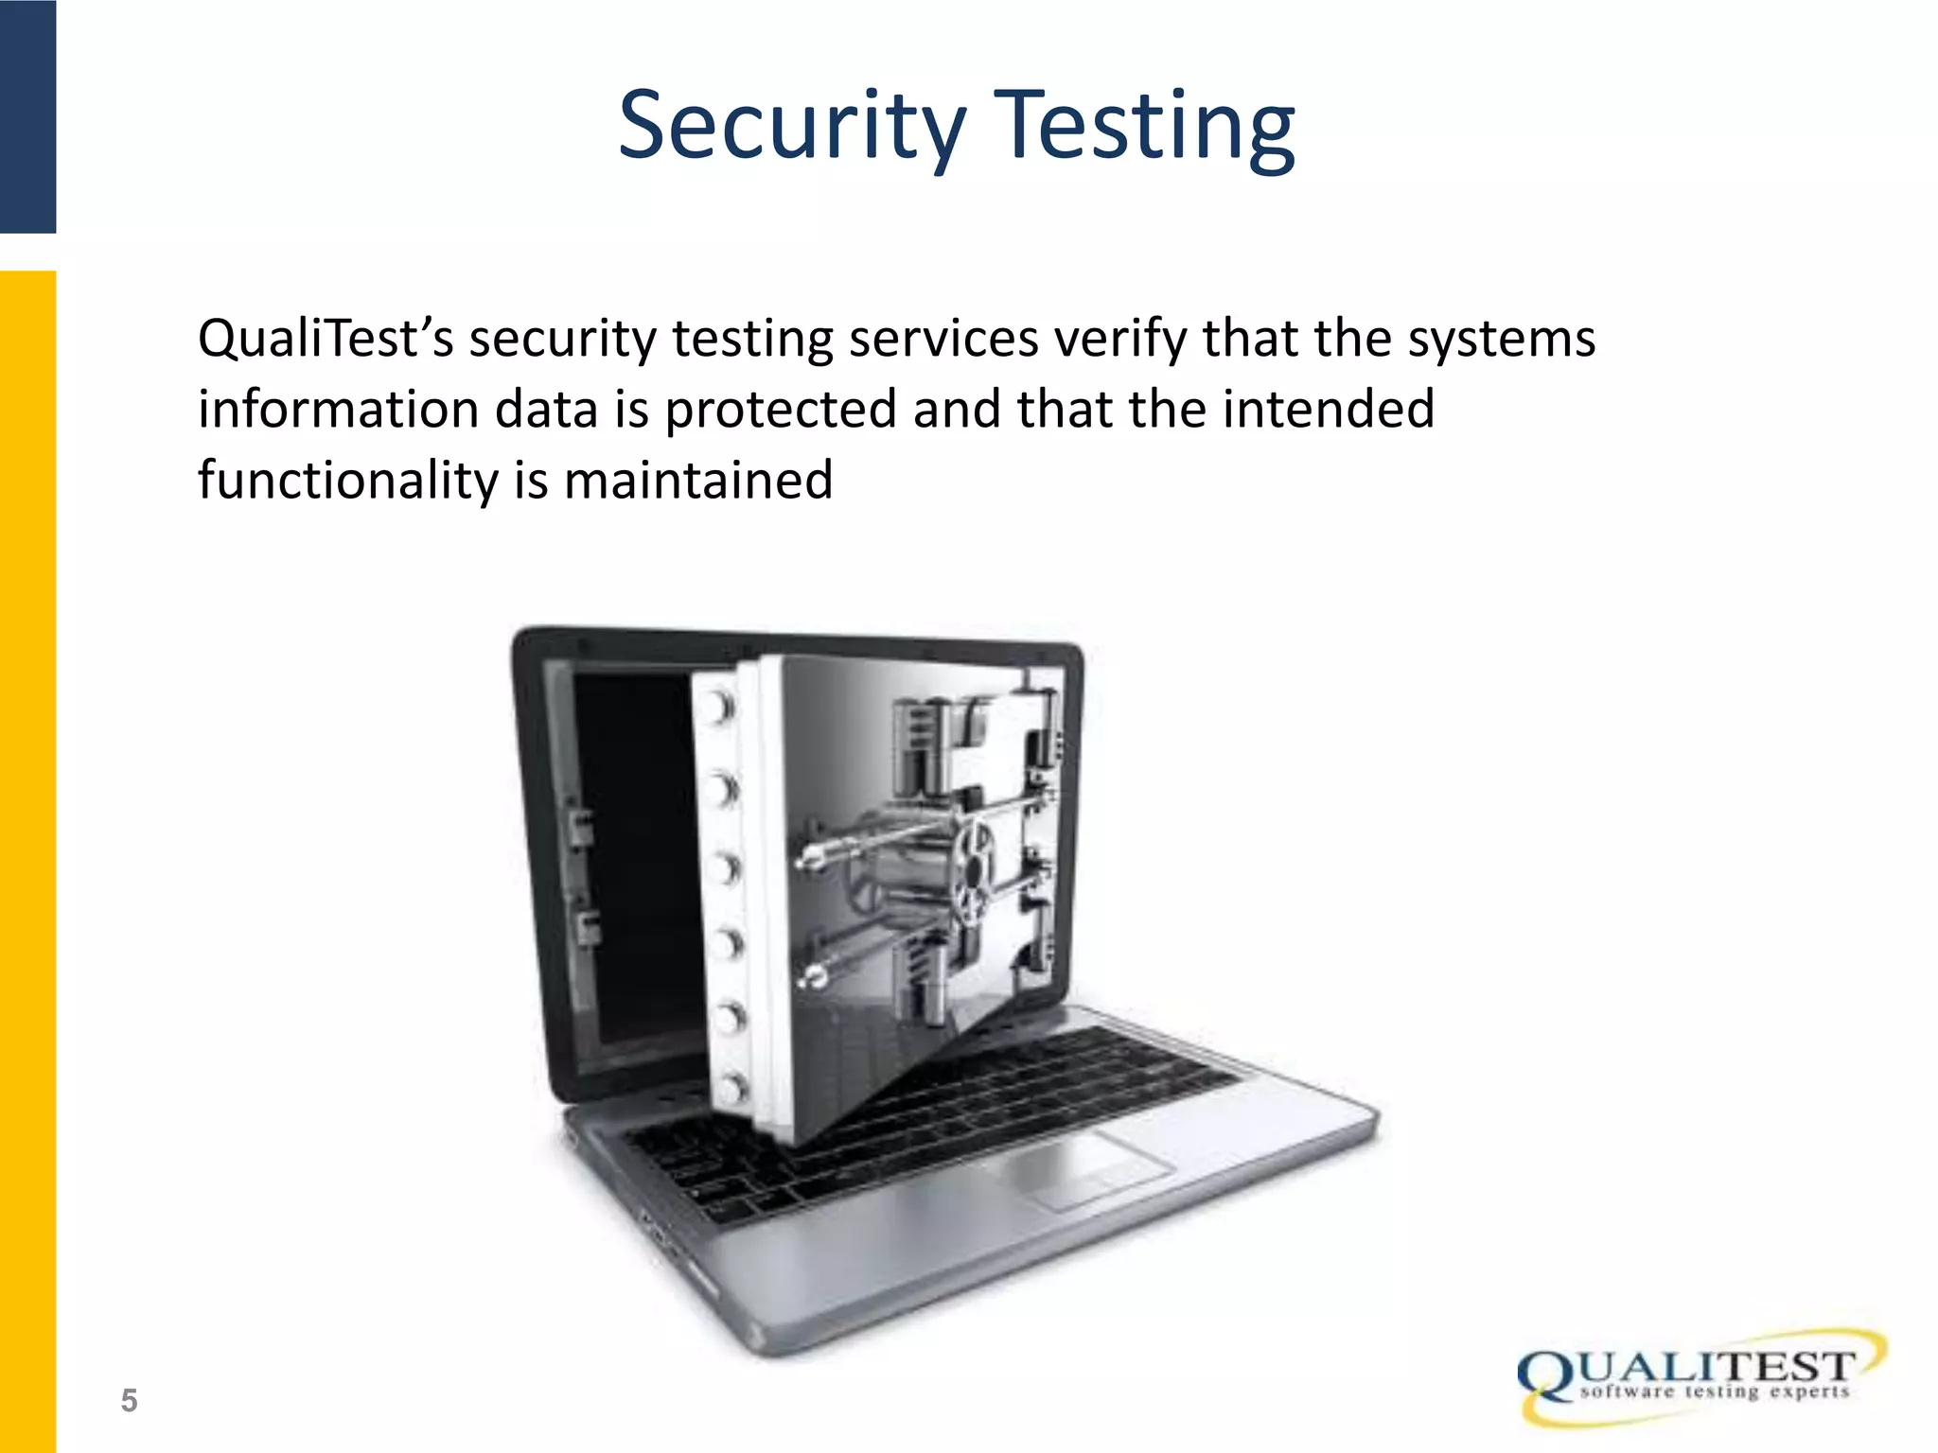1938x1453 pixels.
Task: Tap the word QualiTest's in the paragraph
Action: click(x=326, y=339)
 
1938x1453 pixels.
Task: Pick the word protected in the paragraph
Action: click(x=781, y=410)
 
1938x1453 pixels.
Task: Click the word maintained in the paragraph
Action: click(x=698, y=480)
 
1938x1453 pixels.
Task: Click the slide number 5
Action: click(x=129, y=1400)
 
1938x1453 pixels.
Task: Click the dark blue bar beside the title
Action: click(x=27, y=115)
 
